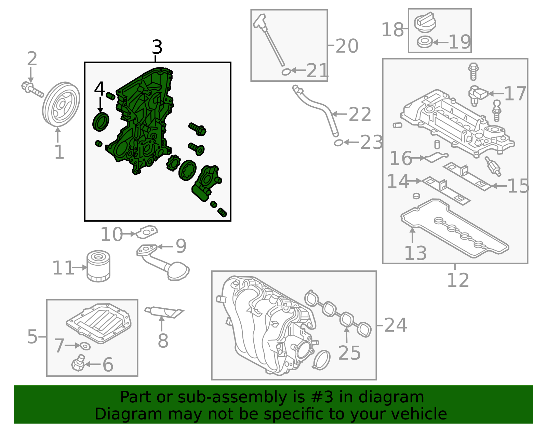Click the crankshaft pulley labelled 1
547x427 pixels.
click(x=61, y=104)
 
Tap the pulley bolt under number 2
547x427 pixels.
click(x=32, y=89)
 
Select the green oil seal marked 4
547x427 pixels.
click(x=101, y=122)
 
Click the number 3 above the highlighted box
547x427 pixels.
click(x=157, y=47)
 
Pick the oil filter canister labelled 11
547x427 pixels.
click(x=98, y=266)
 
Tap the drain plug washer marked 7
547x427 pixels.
click(x=85, y=346)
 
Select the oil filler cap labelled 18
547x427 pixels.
click(x=425, y=23)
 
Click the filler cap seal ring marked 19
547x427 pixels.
click(x=425, y=42)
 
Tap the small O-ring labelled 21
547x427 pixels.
click(x=286, y=72)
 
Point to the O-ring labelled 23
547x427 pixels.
click(x=338, y=143)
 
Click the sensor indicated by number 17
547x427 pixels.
click(x=477, y=96)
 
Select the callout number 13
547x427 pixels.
click(x=415, y=253)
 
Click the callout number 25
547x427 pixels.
click(x=349, y=353)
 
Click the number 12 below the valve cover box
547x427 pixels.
click(x=458, y=280)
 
